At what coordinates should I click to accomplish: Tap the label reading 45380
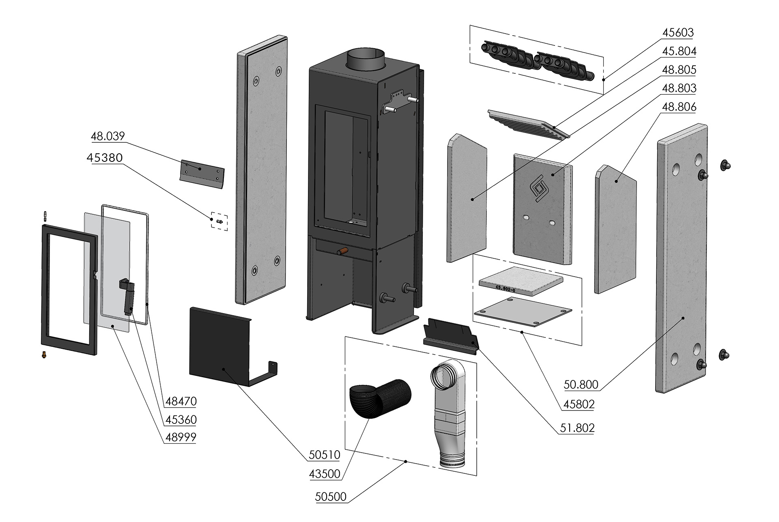[104, 157]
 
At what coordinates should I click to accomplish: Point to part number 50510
[324, 455]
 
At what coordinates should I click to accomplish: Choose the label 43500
[324, 474]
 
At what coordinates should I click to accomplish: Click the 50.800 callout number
[581, 385]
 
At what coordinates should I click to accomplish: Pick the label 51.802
[577, 427]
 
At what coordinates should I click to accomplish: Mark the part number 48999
[181, 437]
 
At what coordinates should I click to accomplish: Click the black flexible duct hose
[379, 397]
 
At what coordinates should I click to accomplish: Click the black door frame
[69, 290]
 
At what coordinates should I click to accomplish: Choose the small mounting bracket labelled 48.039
[202, 171]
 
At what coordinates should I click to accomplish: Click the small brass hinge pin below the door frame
[43, 354]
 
